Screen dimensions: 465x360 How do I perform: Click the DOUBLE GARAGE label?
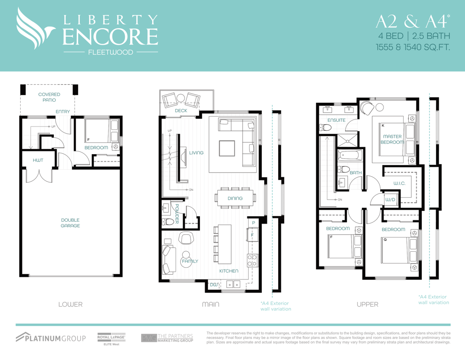[70, 223]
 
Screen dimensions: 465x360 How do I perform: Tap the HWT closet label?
[38, 160]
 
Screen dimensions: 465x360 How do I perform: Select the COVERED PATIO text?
[49, 97]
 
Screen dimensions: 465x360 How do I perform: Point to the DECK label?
[181, 111]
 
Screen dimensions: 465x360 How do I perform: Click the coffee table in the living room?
[227, 149]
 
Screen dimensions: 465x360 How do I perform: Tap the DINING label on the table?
[235, 198]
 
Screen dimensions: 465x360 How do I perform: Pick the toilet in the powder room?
[168, 221]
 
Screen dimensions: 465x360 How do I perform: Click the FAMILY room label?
[190, 261]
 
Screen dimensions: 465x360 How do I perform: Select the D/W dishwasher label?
[214, 285]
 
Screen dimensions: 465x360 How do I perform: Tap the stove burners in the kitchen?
[252, 260]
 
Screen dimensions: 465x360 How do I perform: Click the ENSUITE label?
[336, 120]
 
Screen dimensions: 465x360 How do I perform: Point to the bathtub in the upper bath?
[350, 155]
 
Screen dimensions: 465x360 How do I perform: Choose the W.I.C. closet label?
[399, 183]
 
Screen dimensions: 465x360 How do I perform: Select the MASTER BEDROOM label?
[392, 139]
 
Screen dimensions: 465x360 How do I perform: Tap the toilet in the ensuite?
[325, 127]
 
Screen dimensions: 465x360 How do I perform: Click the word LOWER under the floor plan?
[71, 304]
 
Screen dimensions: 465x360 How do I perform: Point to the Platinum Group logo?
[51, 337]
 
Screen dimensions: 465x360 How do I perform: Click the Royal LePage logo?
[111, 339]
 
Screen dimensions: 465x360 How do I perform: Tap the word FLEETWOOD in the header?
[111, 52]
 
